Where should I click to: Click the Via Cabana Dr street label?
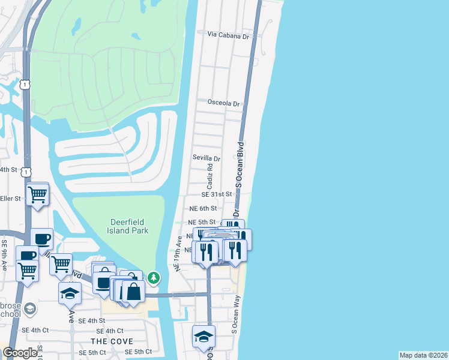pos(228,36)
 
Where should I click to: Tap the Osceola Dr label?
pos(223,103)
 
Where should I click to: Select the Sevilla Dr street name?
pos(206,159)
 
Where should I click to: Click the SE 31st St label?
pos(216,194)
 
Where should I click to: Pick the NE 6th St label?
pos(202,208)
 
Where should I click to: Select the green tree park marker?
pos(154,277)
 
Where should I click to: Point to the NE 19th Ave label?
pos(178,254)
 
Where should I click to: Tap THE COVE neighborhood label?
pos(107,341)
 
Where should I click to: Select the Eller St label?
pos(10,198)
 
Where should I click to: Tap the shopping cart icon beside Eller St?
pos(37,194)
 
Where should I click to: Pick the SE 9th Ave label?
pos(4,256)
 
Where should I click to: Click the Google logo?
pos(20,353)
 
